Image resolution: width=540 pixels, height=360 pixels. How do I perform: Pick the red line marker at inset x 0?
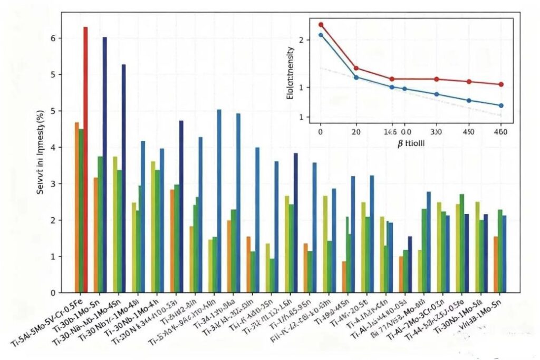(x=321, y=25)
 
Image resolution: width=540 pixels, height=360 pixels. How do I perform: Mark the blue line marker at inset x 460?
(x=501, y=105)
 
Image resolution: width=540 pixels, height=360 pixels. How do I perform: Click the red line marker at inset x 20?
(x=356, y=68)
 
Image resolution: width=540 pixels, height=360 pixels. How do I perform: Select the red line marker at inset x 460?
(x=501, y=84)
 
